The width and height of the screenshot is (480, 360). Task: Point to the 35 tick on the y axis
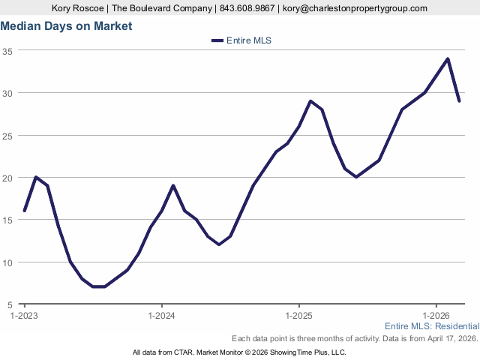(x=7, y=51)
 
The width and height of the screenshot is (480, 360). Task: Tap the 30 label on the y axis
(x=7, y=93)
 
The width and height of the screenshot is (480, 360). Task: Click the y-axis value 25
(x=7, y=136)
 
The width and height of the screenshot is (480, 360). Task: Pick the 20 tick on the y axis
(x=7, y=178)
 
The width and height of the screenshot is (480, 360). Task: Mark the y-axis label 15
(x=7, y=220)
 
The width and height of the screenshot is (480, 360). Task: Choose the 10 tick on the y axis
(x=7, y=262)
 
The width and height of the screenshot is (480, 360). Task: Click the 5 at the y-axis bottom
(x=10, y=304)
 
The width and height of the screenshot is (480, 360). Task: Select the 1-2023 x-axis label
(x=25, y=316)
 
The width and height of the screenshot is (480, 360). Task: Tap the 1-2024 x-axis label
(x=162, y=316)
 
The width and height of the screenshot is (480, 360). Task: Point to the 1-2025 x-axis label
(x=299, y=316)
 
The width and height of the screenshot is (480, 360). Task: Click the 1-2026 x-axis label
(x=436, y=316)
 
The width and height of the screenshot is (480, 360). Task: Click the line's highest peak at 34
(x=448, y=58)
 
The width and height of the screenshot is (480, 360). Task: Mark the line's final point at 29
(x=459, y=100)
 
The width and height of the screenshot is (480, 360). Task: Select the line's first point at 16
(x=25, y=211)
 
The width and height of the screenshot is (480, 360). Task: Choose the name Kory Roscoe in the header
(x=77, y=8)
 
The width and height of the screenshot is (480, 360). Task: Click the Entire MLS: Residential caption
(x=431, y=326)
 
